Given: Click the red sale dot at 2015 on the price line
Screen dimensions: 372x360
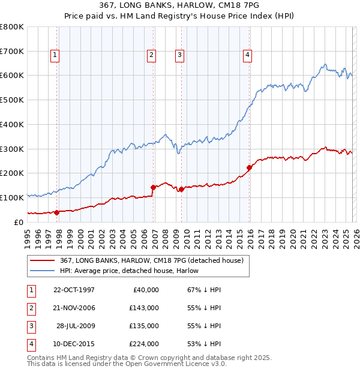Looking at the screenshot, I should pos(249,167).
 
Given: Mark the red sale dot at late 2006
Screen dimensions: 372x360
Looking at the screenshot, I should pos(153,187).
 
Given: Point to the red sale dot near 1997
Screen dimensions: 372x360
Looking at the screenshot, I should pos(56,212).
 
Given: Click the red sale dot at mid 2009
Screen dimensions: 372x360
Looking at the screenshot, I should pos(181,189).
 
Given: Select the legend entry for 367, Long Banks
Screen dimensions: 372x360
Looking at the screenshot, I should pos(151,260).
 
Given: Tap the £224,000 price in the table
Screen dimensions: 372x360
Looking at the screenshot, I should pos(144,344).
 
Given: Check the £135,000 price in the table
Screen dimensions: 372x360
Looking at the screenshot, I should pos(144,326).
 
